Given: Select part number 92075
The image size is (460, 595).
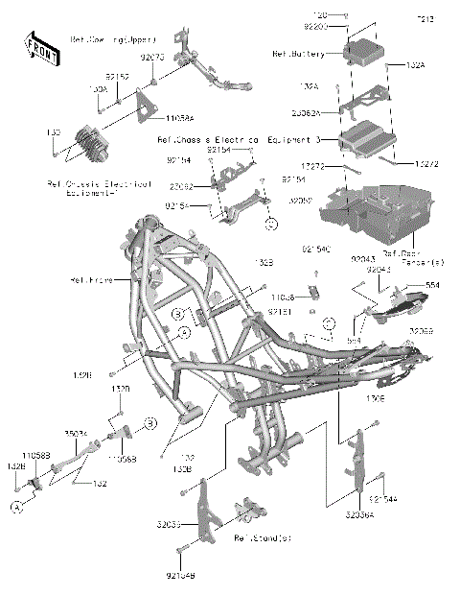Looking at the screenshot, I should (151, 58).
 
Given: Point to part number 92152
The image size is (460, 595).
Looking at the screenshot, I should (117, 74).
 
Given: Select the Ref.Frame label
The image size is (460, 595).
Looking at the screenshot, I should (92, 280).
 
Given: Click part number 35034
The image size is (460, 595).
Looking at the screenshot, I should (77, 434).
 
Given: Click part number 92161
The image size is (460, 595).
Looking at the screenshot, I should (280, 312).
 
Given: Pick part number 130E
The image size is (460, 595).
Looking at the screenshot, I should (377, 394).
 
